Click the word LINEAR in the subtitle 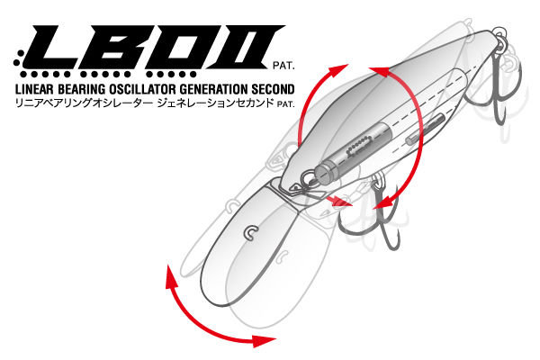pyautogui.click(x=34, y=89)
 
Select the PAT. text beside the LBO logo pyautogui.click(x=283, y=66)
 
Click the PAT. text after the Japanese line pyautogui.click(x=286, y=104)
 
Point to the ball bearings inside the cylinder pyautogui.click(x=359, y=145)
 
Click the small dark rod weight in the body pyautogui.click(x=426, y=129)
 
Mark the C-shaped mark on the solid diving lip pyautogui.click(x=252, y=232)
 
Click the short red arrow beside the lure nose pyautogui.click(x=339, y=201)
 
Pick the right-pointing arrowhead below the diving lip pyautogui.click(x=264, y=340)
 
